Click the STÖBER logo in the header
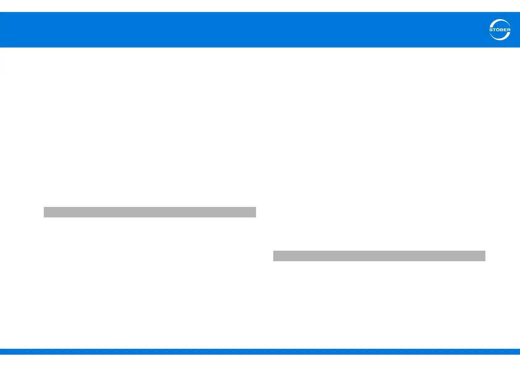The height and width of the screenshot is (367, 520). click(x=500, y=30)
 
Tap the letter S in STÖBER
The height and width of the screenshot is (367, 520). click(x=491, y=30)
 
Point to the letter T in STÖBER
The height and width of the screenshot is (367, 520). click(x=494, y=30)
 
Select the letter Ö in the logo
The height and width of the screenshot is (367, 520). click(x=498, y=30)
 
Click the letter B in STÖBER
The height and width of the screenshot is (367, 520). click(x=501, y=30)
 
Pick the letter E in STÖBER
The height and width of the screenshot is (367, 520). click(x=505, y=30)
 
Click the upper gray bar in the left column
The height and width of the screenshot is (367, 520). click(x=150, y=212)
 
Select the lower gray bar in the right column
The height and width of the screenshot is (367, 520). click(x=379, y=256)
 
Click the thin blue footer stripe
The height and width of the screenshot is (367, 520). click(x=260, y=352)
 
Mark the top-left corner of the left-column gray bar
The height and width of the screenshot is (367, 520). click(x=44, y=207)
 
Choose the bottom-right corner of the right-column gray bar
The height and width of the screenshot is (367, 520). click(x=485, y=261)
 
